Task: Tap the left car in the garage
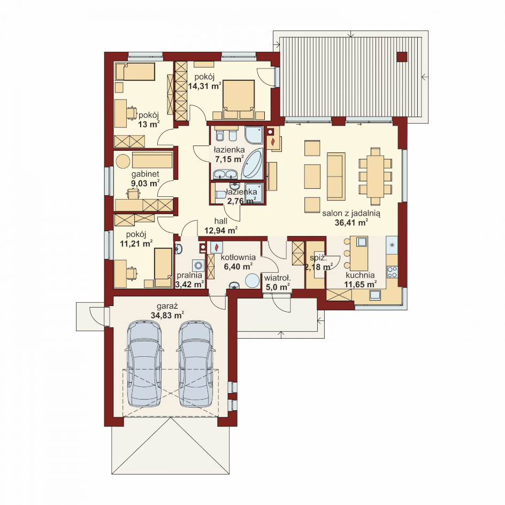(144, 363)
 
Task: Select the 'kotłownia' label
(238, 257)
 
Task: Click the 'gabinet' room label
(146, 174)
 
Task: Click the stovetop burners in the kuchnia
(392, 272)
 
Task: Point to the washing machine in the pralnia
(198, 265)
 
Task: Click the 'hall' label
(221, 221)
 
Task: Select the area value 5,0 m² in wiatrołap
(277, 287)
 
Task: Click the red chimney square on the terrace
(402, 57)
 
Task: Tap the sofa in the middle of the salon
(336, 176)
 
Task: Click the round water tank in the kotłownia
(252, 281)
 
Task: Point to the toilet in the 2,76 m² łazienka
(220, 195)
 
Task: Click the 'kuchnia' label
(360, 276)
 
